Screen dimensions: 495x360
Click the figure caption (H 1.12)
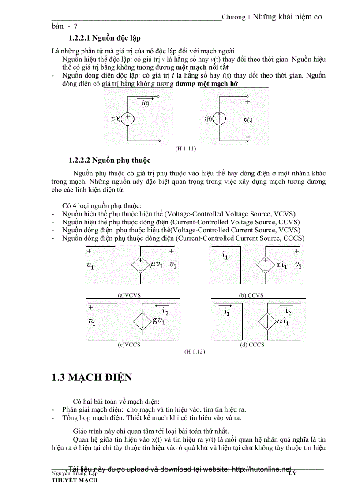point(195,352)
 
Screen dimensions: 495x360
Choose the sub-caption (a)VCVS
point(129,295)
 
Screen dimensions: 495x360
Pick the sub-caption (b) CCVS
point(251,295)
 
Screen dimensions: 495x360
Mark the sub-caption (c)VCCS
point(129,345)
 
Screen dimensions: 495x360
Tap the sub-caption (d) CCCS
point(252,345)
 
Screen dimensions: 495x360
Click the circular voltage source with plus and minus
point(127,119)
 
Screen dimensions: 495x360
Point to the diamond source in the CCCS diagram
point(266,322)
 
